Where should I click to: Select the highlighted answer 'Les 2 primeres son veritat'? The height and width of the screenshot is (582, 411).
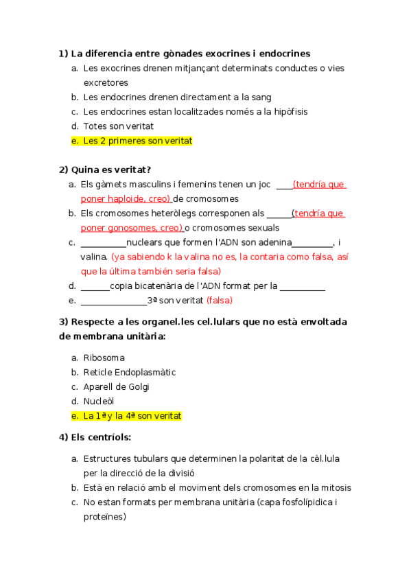coord(137,141)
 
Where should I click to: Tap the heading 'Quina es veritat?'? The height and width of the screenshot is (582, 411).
coord(110,170)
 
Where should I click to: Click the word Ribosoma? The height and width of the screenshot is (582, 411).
coord(104,358)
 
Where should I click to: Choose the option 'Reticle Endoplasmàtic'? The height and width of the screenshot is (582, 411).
coord(130,372)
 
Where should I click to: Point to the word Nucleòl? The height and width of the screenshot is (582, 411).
coord(99,401)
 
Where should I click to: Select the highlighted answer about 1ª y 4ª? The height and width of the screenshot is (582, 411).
coord(132,416)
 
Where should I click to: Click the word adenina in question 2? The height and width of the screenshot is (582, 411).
coord(274,242)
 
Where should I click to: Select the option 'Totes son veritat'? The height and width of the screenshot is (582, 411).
coord(118,126)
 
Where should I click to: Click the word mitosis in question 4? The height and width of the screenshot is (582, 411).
coord(335,487)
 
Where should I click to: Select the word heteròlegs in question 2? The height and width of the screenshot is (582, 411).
coord(189,213)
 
